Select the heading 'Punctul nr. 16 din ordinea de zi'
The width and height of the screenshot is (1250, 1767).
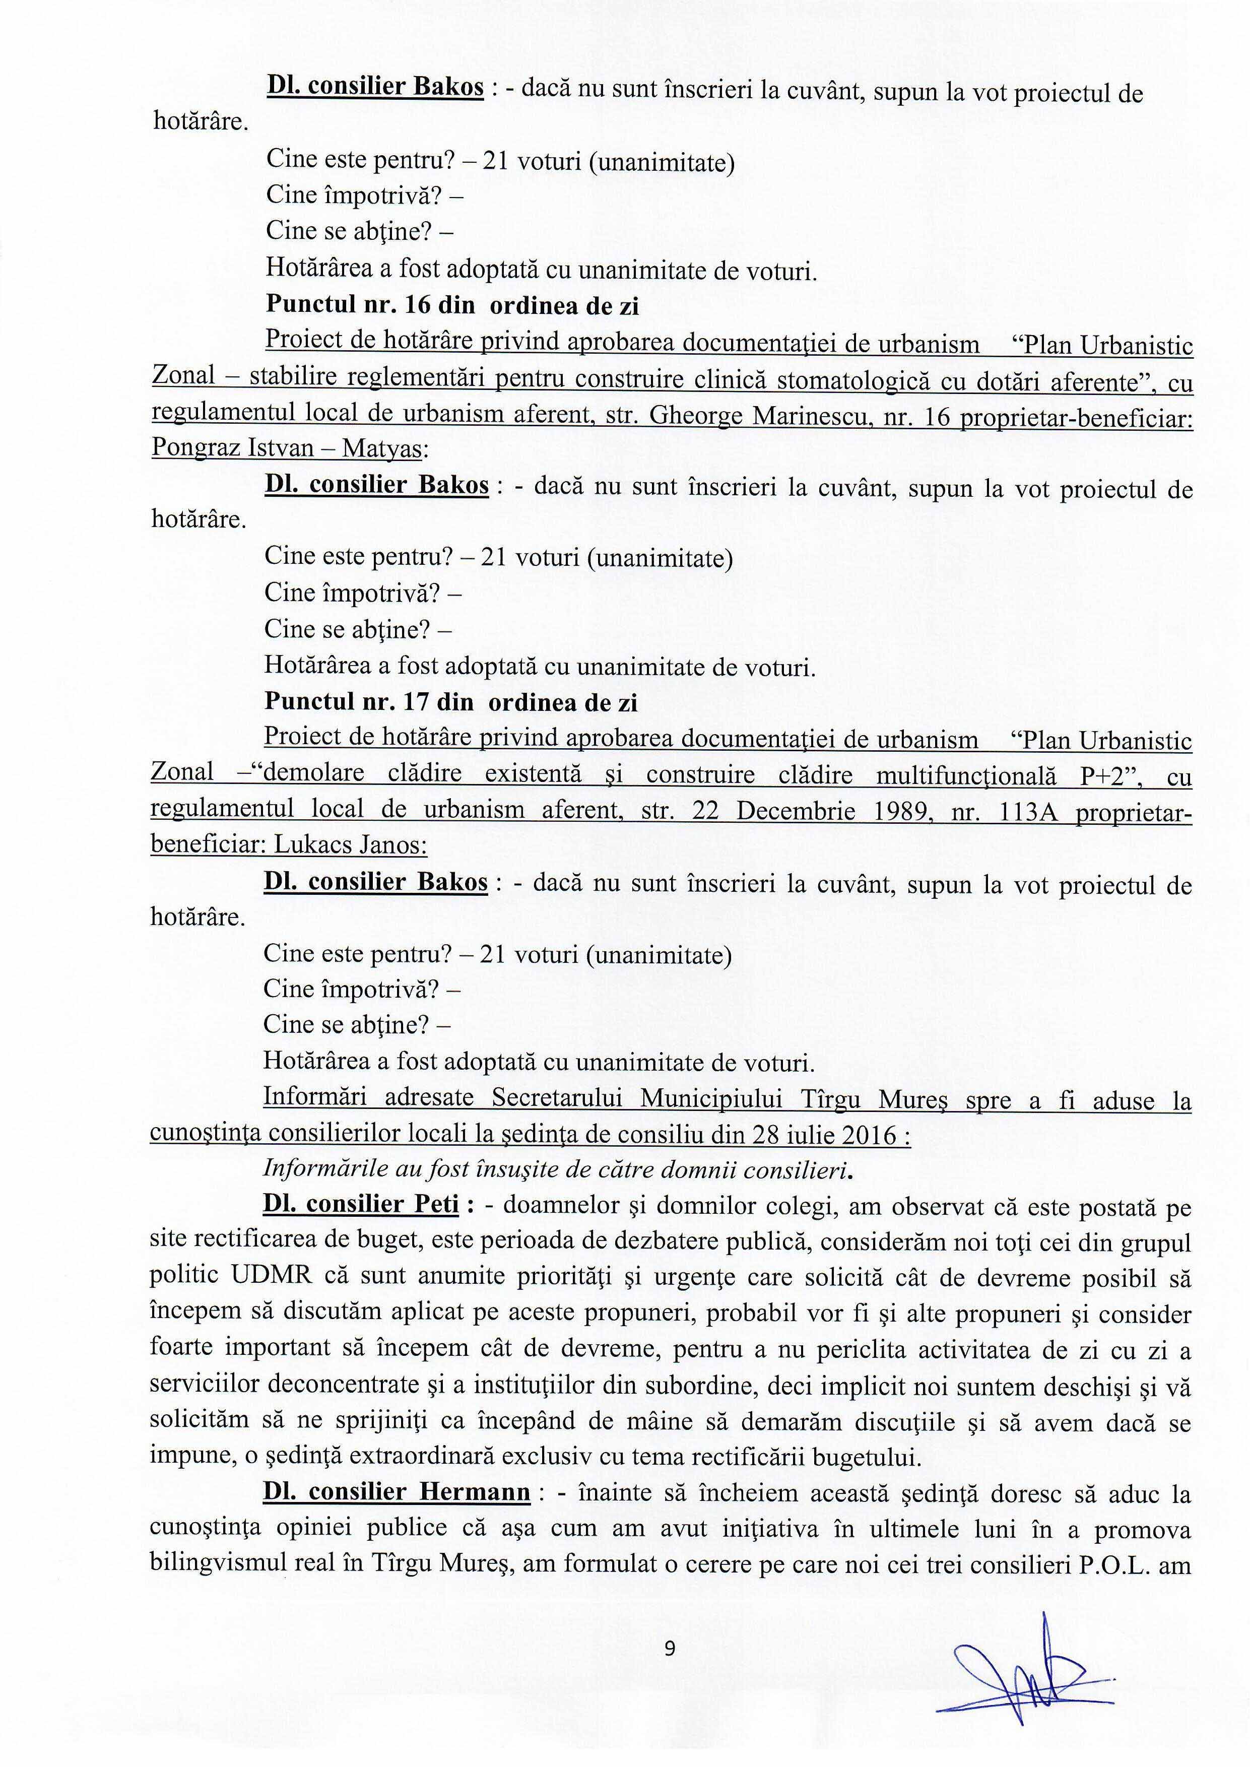click(452, 305)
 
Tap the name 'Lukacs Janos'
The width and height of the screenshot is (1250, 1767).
click(349, 844)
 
